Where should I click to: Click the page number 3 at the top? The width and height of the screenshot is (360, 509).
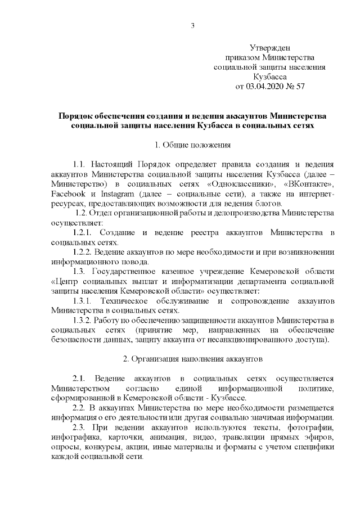click(192, 25)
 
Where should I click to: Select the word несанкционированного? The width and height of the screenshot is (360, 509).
click(246, 339)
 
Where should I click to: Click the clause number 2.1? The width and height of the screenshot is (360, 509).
click(80, 377)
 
